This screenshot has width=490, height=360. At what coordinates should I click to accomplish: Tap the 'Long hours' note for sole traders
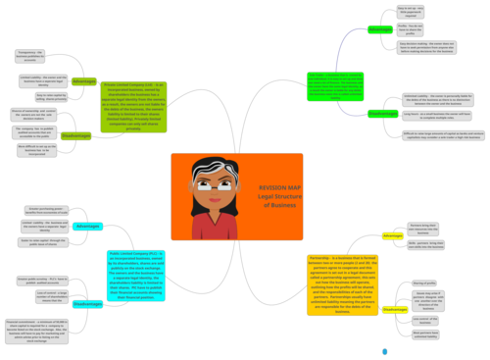click(430, 115)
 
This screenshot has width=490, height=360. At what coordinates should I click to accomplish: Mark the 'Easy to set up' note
click(410, 11)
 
